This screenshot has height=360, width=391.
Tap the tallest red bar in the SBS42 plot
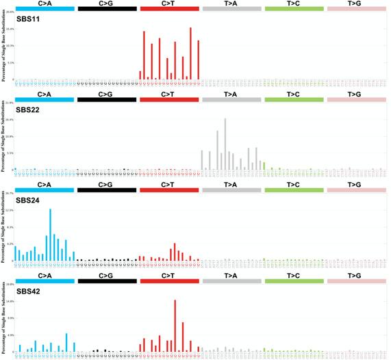click(x=175, y=325)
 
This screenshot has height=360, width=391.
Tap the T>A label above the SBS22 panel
click(x=231, y=94)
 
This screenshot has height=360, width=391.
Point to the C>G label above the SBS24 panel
click(x=107, y=184)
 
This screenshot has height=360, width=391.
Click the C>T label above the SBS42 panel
click(x=169, y=274)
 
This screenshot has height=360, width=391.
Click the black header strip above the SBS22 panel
click(x=107, y=101)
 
